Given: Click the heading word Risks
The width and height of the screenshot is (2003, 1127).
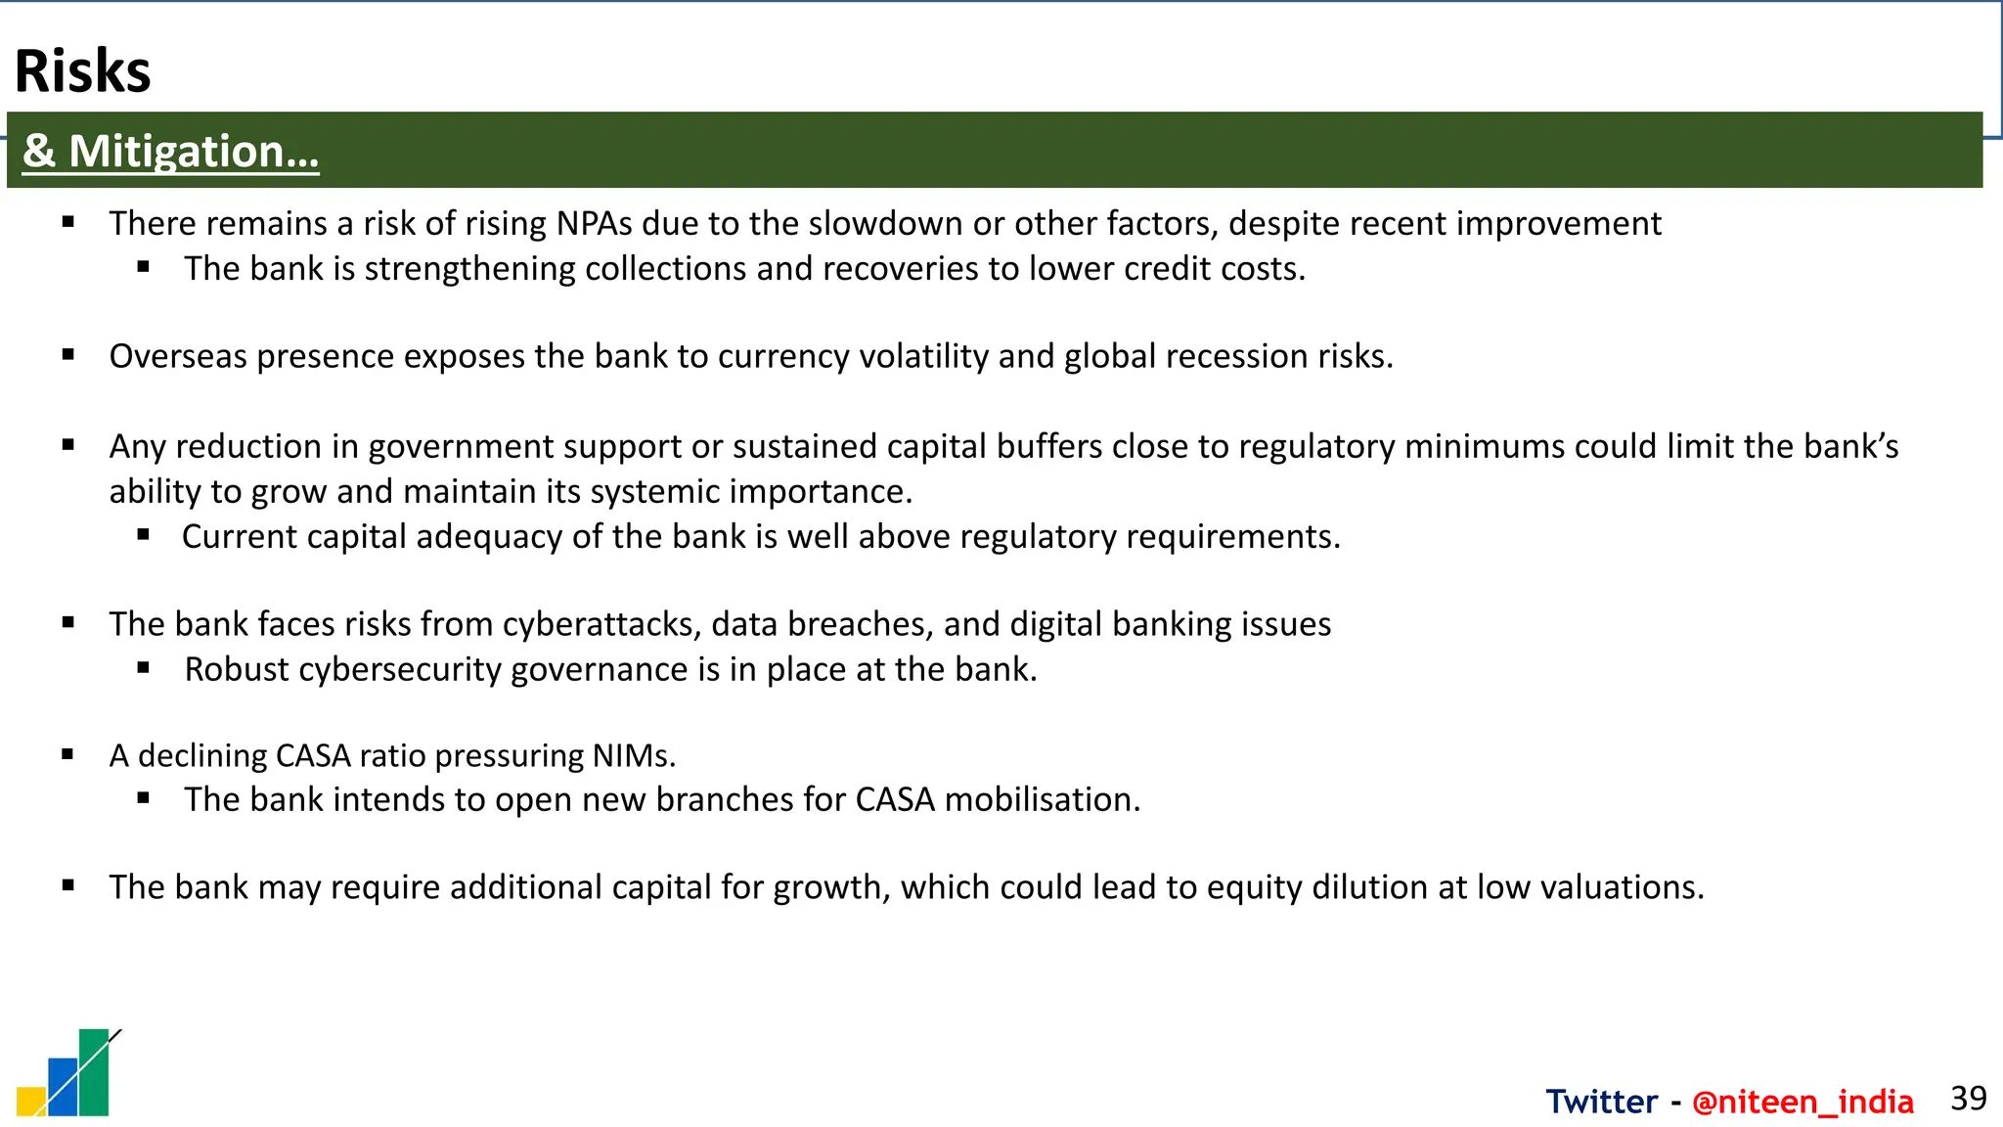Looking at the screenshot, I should [83, 71].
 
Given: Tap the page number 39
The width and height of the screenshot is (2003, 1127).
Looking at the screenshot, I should [1968, 1099].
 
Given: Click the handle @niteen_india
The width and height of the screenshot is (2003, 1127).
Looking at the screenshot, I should [1803, 1102].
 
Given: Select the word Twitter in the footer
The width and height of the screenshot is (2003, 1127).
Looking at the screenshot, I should [1601, 1102].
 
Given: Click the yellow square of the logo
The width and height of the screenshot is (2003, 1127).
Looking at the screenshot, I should [29, 1102].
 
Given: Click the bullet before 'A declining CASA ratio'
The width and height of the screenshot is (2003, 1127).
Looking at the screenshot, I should [68, 754].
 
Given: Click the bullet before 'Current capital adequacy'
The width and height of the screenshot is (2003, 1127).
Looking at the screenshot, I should [144, 534].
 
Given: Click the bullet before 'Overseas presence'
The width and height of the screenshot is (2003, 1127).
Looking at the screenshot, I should [68, 355].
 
